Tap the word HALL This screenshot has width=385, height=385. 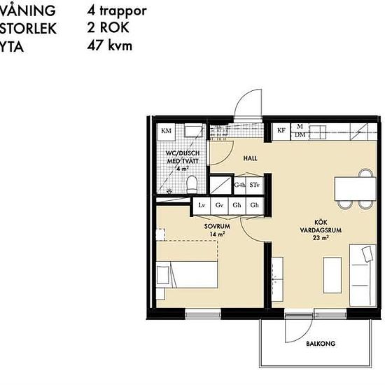[x=250, y=159]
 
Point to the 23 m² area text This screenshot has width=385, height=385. [x=321, y=238]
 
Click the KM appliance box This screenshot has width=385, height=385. [x=167, y=131]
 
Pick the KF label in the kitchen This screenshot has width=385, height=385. [x=281, y=130]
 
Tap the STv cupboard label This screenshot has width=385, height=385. [x=255, y=185]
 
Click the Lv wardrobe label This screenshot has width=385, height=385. [x=202, y=205]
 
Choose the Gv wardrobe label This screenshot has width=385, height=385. [x=219, y=205]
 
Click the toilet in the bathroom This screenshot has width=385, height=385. [x=192, y=183]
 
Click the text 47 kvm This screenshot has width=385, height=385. [x=109, y=46]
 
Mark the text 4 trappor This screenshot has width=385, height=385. [x=117, y=12]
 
